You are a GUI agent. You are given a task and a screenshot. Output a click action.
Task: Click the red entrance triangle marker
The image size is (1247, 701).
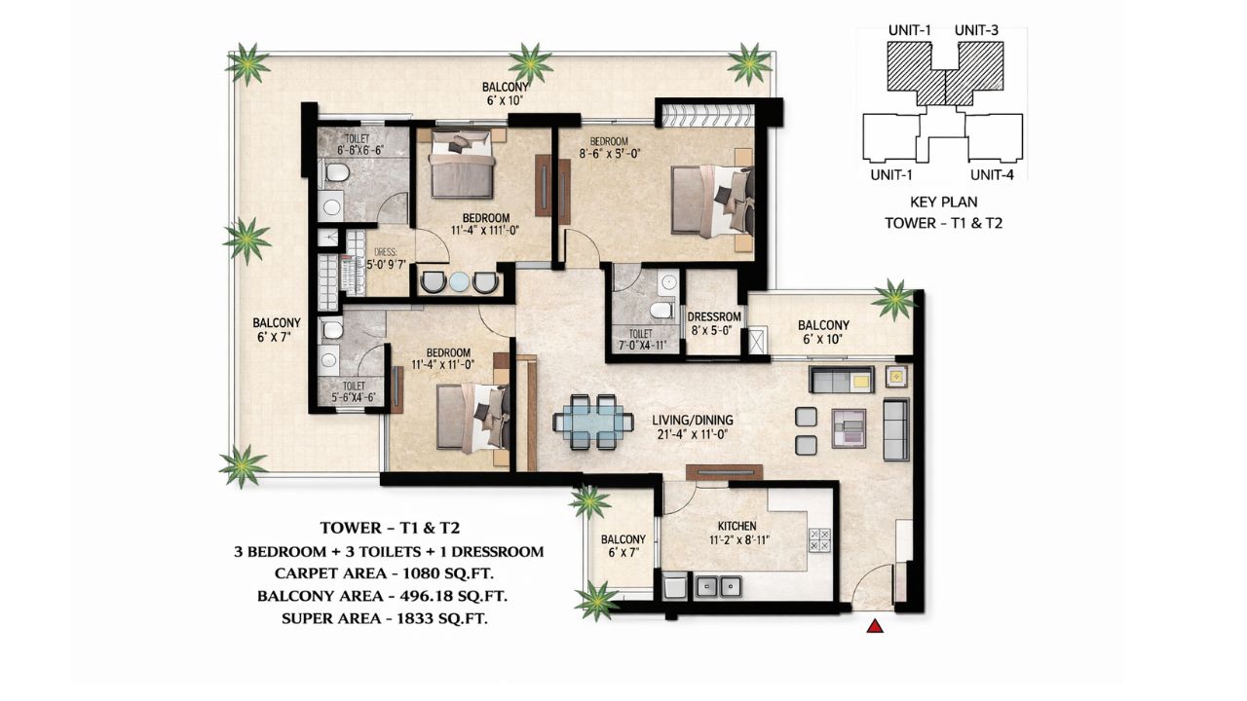coord(875,628)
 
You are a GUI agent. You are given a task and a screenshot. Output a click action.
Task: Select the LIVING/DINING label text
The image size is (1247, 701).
coord(692,421)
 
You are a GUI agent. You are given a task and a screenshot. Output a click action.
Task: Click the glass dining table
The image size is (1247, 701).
coord(589,422)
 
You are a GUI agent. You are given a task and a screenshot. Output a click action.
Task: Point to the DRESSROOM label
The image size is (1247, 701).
coord(714,317)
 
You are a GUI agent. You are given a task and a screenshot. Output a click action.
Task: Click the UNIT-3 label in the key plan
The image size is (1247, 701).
coord(976,30)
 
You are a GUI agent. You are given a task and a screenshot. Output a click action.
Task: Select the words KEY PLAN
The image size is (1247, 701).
coord(944,203)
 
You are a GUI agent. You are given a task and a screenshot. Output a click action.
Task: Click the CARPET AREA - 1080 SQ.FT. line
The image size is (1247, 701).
coord(389,572)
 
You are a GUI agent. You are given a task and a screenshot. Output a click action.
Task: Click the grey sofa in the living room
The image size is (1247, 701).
coord(895,428)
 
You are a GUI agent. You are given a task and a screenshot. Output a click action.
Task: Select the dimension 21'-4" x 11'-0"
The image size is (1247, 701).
coord(692,435)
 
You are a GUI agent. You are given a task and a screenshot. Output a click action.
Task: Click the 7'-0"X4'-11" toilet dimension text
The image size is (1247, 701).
coord(640,346)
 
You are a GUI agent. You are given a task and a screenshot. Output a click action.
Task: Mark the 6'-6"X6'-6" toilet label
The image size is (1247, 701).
coord(346,151)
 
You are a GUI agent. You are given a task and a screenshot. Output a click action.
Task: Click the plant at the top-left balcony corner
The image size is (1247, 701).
coord(248,64)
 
